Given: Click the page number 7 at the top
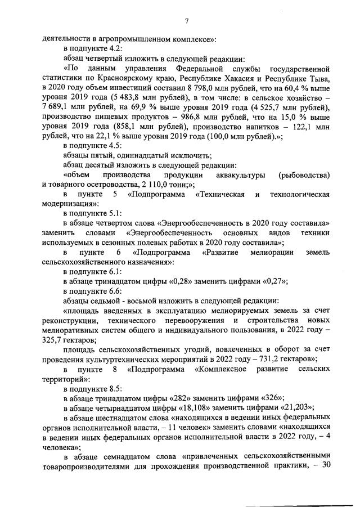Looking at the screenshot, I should tap(186, 21).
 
